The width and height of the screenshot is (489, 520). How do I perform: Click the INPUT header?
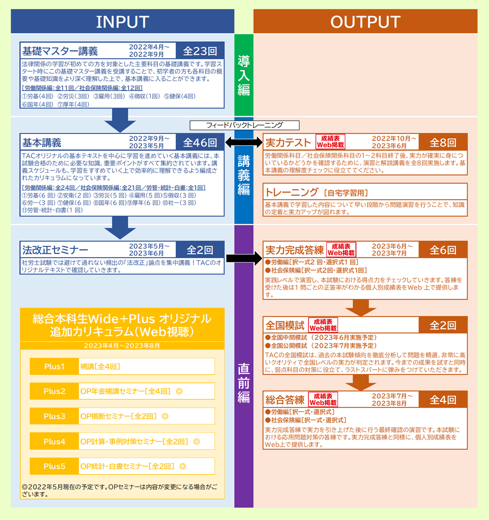[122, 22]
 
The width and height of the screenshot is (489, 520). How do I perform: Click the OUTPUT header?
[365, 22]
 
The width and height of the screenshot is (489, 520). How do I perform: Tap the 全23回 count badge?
[200, 51]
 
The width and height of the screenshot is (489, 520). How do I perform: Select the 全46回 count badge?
[200, 143]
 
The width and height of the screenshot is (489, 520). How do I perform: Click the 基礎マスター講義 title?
[60, 51]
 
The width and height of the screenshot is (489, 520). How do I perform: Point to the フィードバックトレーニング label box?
[245, 125]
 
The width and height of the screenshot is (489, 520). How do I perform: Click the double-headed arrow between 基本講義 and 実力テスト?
[244, 143]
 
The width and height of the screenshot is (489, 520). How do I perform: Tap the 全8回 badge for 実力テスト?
[443, 143]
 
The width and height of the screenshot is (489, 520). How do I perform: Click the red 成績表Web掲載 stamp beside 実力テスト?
[330, 142]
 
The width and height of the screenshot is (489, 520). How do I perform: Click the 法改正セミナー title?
[55, 250]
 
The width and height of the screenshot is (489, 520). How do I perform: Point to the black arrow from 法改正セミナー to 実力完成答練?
[244, 258]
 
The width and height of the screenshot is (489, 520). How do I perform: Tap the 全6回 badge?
[443, 250]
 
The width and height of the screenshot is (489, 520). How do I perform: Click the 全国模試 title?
[285, 326]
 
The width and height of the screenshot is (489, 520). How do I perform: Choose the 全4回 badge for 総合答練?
[443, 400]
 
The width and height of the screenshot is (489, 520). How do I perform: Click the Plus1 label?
[54, 366]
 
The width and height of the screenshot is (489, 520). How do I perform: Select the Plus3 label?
[54, 416]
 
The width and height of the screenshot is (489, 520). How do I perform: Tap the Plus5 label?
[54, 466]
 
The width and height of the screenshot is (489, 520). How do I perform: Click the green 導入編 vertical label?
[244, 75]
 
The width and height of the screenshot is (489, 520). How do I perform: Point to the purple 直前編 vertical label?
[244, 383]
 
